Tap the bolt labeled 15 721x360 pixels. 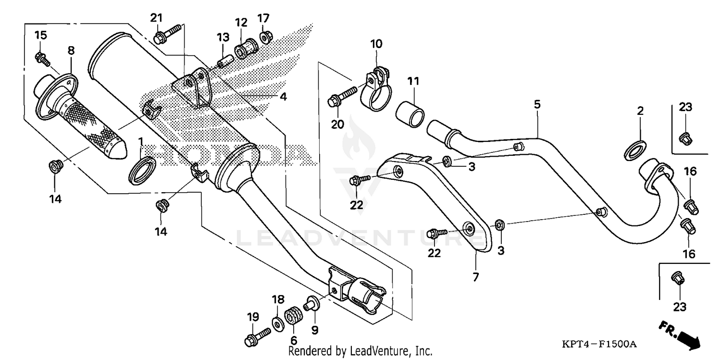pos(41,58)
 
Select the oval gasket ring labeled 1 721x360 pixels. pos(142,170)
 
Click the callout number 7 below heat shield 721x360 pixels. pos(475,277)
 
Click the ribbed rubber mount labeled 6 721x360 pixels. pos(292,318)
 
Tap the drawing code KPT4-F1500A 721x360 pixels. pos(599,344)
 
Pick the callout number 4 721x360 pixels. pos(283,97)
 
